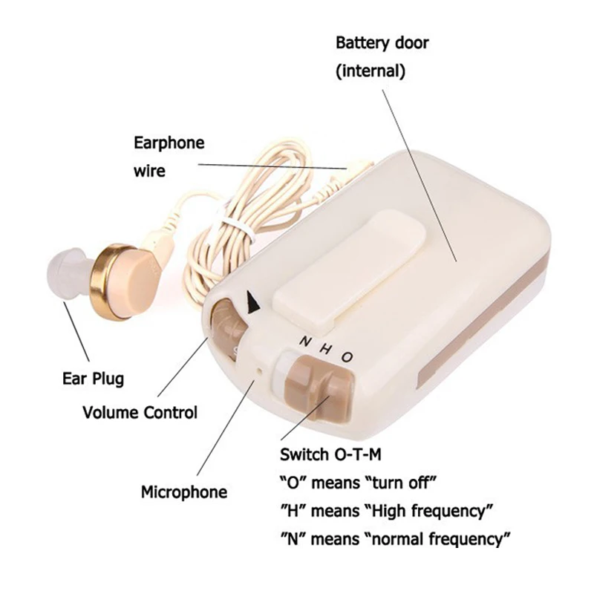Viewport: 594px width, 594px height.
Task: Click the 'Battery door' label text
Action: [382, 43]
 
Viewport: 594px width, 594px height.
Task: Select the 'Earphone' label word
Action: [169, 143]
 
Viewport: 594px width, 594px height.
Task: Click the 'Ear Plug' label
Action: [92, 379]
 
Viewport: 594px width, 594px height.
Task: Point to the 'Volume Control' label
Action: [140, 412]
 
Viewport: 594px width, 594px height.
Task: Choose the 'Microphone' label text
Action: [184, 492]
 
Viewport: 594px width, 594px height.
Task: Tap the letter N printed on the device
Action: [304, 343]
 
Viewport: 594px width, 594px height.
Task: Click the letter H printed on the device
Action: [324, 349]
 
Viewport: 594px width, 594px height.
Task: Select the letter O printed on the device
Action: [347, 356]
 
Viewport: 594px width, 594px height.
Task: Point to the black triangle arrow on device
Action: [255, 302]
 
